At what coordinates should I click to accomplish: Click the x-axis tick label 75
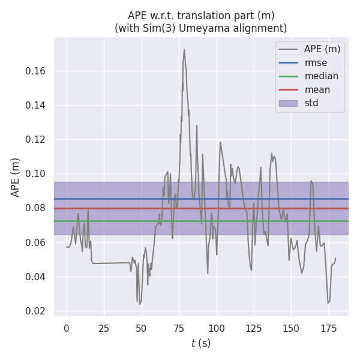click(x=179, y=328)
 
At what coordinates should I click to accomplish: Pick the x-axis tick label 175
click(x=328, y=328)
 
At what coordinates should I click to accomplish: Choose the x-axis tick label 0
click(x=67, y=328)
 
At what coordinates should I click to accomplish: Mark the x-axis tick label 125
click(x=254, y=328)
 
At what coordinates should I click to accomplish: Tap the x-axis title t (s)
click(x=201, y=344)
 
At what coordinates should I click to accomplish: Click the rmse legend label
click(x=316, y=62)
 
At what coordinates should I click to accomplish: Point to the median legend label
click(x=321, y=76)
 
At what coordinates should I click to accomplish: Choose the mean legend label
click(x=317, y=90)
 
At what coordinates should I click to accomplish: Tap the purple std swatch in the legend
click(x=288, y=103)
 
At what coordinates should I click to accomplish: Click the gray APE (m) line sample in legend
click(x=288, y=49)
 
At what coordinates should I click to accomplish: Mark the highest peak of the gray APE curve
click(x=184, y=49)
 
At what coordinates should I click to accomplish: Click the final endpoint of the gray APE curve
click(x=336, y=258)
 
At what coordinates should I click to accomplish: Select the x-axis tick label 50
click(x=142, y=328)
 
